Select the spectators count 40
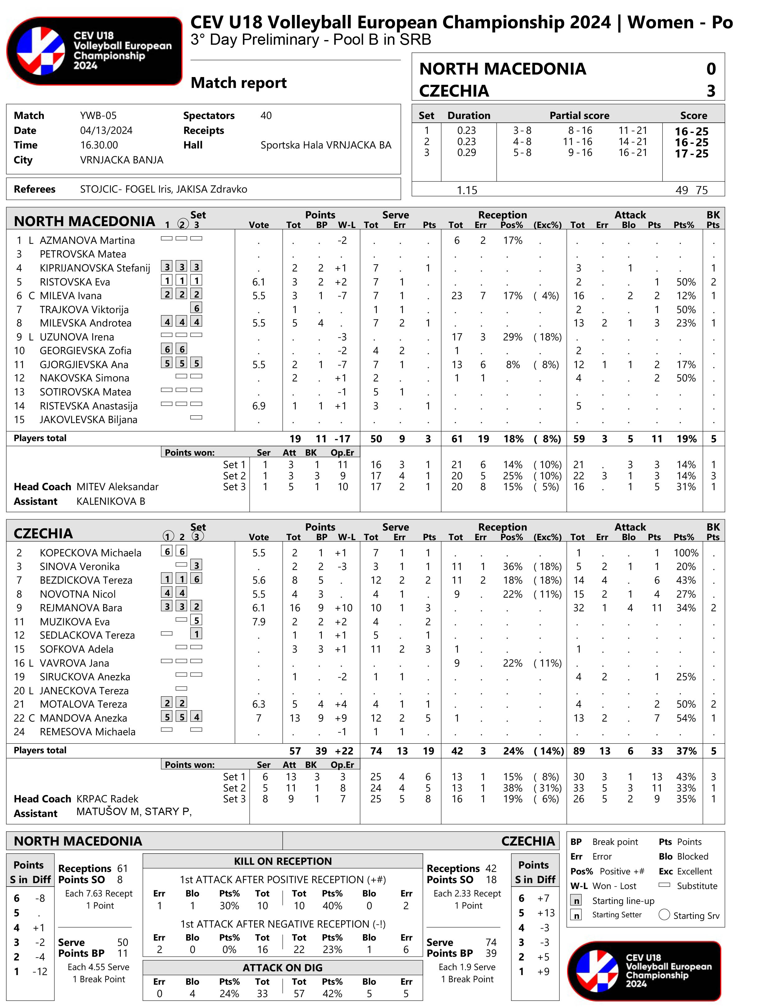[x=266, y=116]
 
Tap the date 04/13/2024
[x=106, y=130]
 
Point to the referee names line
[x=163, y=189]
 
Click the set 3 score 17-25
[x=692, y=154]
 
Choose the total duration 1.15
[x=467, y=190]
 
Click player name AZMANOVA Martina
[x=87, y=240]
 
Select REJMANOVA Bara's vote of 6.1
[x=258, y=608]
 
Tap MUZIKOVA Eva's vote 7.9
[x=258, y=622]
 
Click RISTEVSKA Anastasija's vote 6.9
[x=258, y=406]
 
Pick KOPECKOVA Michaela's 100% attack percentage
[x=686, y=553]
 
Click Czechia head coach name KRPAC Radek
[x=107, y=799]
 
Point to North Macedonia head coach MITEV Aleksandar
[x=117, y=487]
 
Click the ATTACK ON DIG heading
[x=282, y=968]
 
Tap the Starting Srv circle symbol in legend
[x=664, y=914]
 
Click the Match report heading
[x=238, y=83]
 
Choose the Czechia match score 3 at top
[x=711, y=91]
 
